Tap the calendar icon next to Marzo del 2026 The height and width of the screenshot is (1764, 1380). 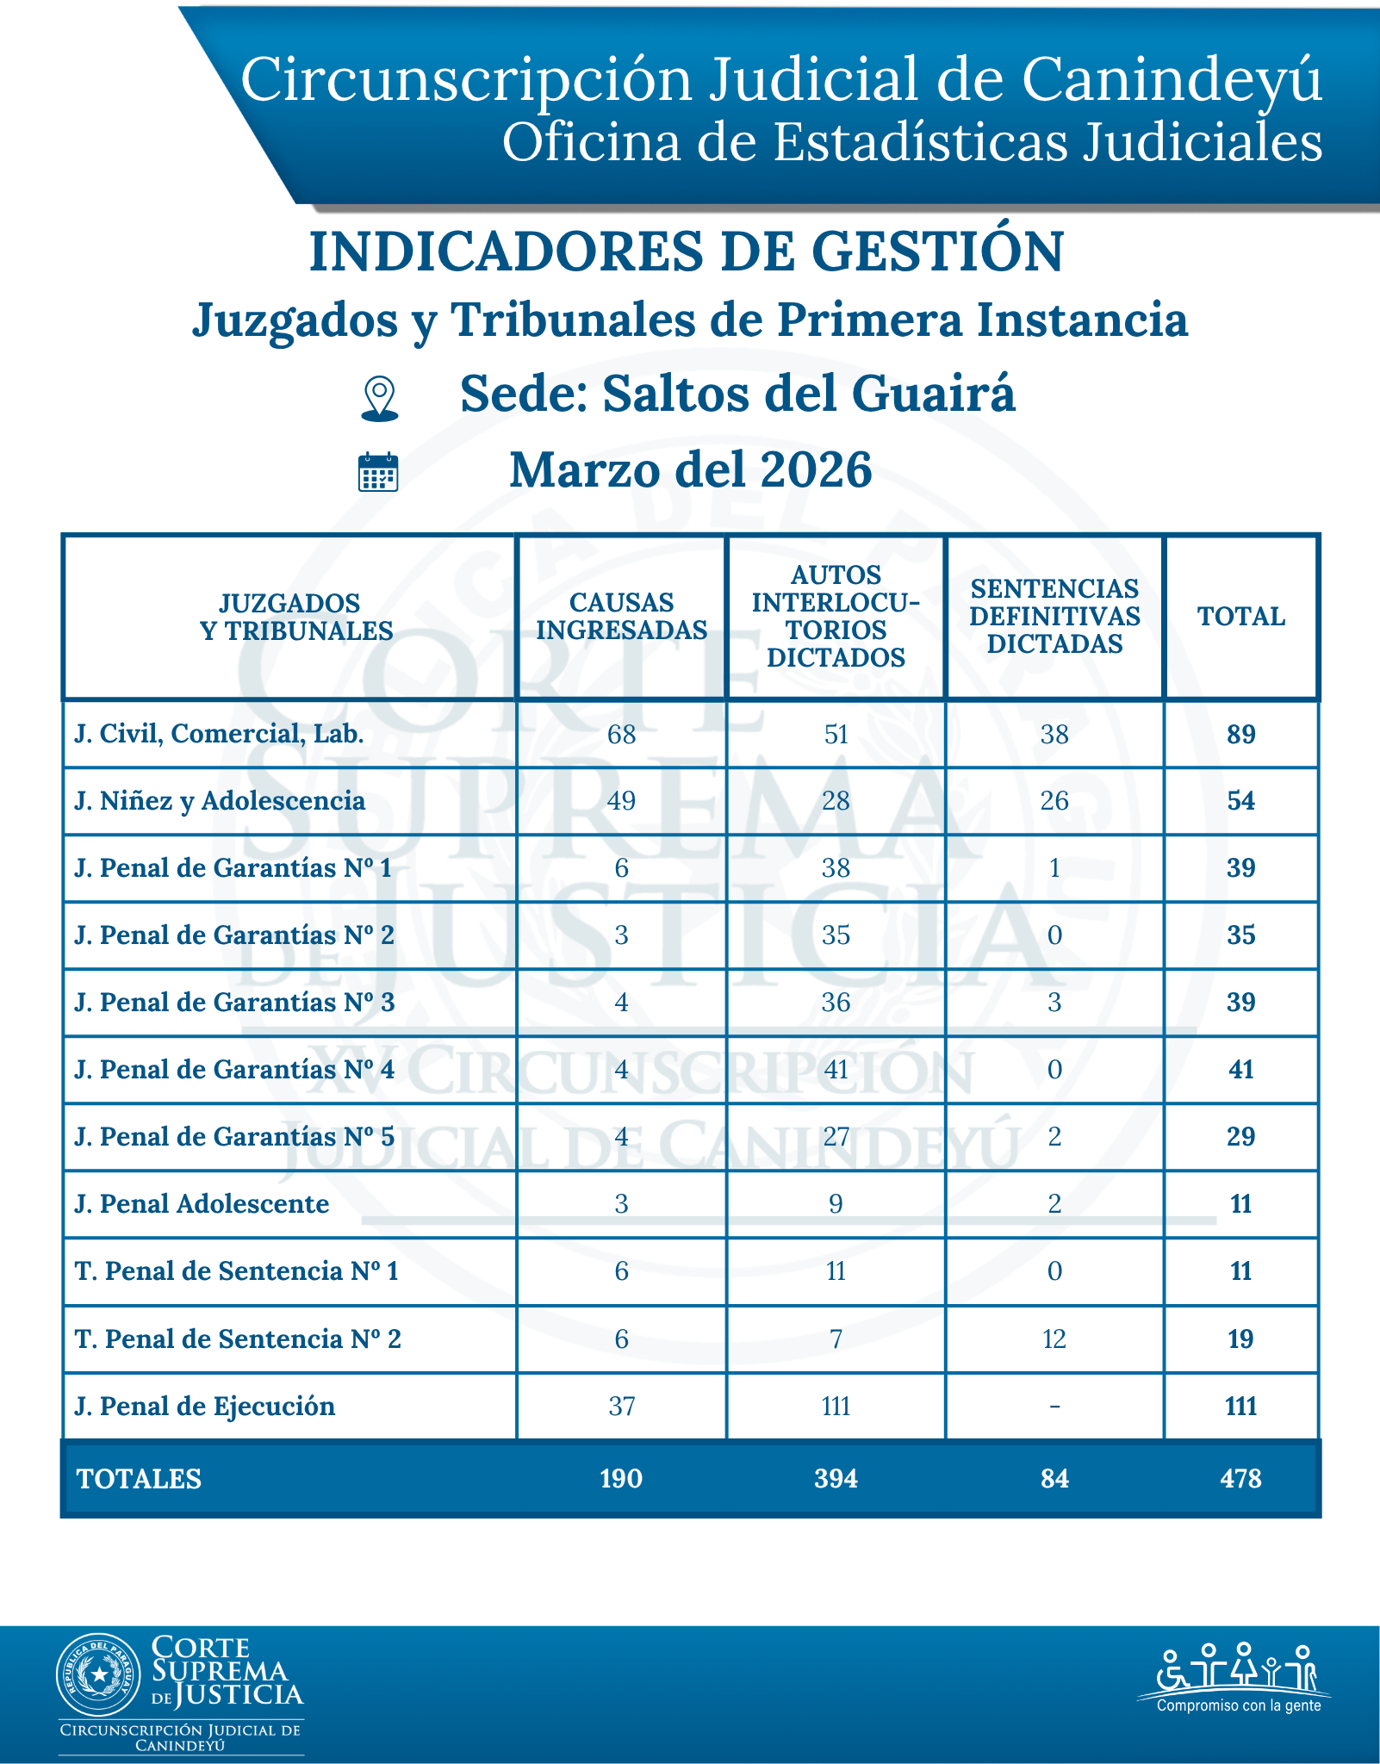click(378, 471)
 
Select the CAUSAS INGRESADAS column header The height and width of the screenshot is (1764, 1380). click(621, 617)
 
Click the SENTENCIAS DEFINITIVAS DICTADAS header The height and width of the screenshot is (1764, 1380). click(1054, 617)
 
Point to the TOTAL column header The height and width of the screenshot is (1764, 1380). click(1240, 617)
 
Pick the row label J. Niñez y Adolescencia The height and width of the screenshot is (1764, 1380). click(220, 801)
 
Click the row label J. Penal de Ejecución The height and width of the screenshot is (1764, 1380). click(205, 1407)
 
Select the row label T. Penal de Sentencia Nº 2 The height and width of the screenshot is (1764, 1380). click(238, 1339)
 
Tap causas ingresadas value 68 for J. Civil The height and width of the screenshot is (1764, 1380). click(621, 735)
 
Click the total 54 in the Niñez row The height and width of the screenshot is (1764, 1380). click(1240, 801)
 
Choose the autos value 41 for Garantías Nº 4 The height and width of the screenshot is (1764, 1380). click(836, 1070)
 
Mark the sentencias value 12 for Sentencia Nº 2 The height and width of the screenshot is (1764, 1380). click(1054, 1339)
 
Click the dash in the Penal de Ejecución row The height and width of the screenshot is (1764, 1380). click(1054, 1407)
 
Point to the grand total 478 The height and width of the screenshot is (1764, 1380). click(1240, 1479)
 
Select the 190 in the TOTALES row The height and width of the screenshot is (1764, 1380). click(621, 1479)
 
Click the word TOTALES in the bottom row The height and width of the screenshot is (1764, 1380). click(139, 1479)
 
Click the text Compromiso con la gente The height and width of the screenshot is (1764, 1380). click(1238, 1705)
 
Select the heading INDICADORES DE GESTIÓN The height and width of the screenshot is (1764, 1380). click(687, 252)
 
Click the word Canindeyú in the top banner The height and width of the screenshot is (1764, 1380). click(1172, 80)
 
